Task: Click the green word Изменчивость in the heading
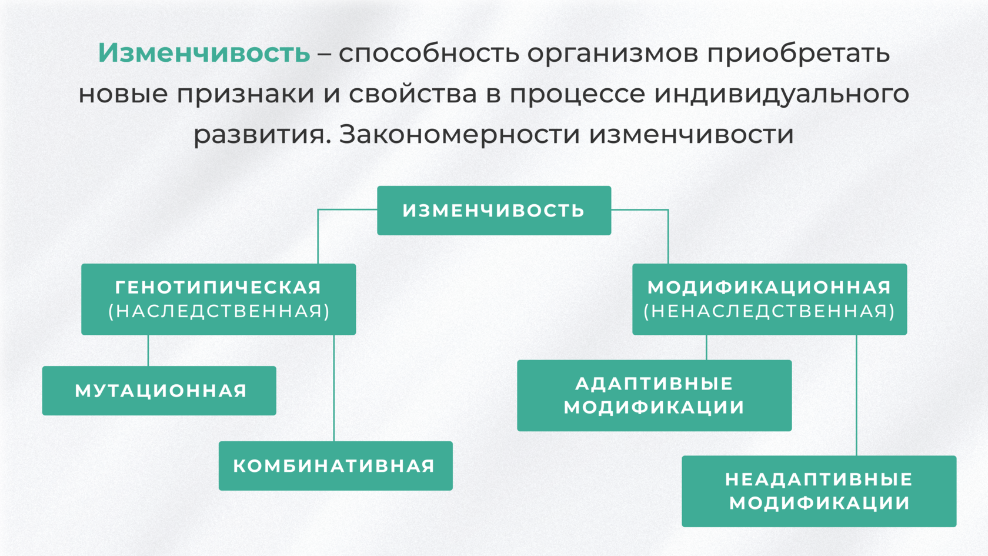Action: (203, 53)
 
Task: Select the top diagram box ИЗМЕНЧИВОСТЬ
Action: (494, 211)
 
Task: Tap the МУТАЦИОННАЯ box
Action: (159, 391)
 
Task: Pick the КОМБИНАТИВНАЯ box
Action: (336, 465)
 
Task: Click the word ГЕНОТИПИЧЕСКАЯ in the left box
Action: (218, 288)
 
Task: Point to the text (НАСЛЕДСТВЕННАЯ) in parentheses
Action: (219, 311)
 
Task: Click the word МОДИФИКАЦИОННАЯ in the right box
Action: (769, 288)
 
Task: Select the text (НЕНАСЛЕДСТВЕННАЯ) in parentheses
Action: (769, 311)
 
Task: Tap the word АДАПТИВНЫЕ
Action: (654, 384)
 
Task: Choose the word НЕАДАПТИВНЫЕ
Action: (819, 479)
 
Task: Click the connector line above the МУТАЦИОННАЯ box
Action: (148, 351)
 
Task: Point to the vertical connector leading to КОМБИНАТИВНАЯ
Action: (334, 388)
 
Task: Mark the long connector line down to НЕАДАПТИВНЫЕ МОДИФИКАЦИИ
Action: (856, 395)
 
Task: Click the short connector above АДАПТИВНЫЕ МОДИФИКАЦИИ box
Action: (707, 347)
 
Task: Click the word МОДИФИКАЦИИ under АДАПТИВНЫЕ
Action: (654, 407)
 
